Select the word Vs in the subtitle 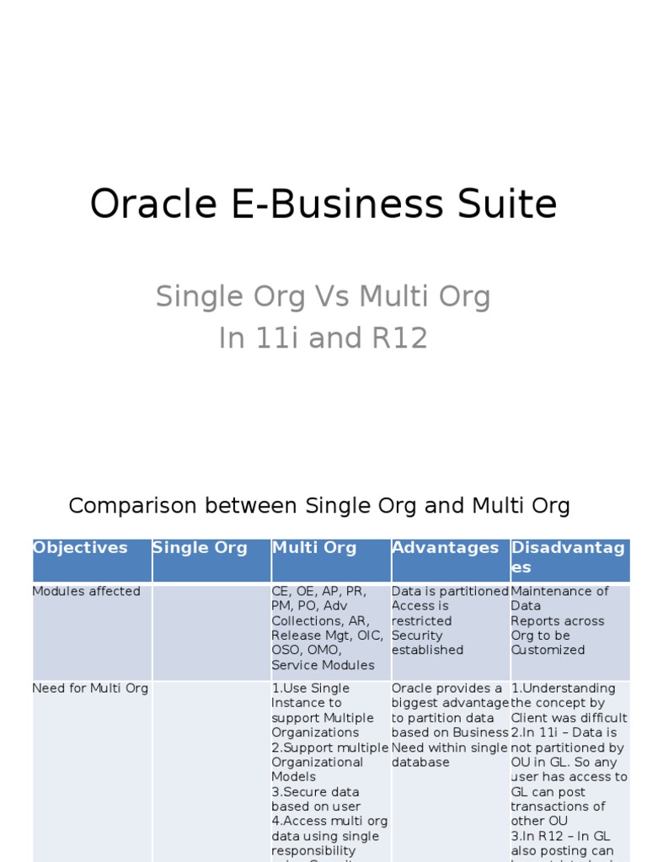click(x=324, y=296)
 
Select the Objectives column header click(x=81, y=548)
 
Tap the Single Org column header click(x=200, y=548)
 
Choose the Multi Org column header click(x=314, y=548)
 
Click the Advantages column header click(x=445, y=548)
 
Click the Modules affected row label click(x=86, y=592)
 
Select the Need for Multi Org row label click(x=90, y=689)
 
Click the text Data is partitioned click(x=450, y=592)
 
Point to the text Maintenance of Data click(x=559, y=598)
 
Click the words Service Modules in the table click(x=323, y=665)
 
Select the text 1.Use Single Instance click(x=310, y=695)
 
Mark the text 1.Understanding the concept click(x=564, y=695)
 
